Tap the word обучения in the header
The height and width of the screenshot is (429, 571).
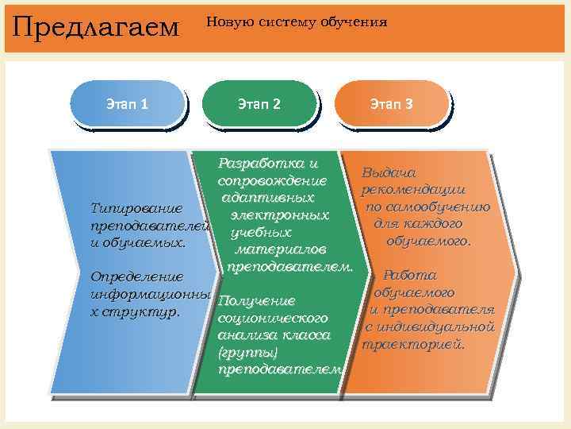[x=354, y=22]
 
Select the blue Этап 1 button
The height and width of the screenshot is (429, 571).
[x=127, y=104]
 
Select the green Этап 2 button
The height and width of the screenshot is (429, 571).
[x=259, y=104]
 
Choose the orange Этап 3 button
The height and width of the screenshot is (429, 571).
[x=391, y=104]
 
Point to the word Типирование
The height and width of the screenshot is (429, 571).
[x=137, y=209]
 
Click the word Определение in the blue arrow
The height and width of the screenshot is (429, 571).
[x=137, y=277]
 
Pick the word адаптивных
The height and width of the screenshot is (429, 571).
[x=268, y=198]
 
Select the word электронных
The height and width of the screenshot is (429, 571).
[x=279, y=215]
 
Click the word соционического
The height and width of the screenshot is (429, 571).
[x=272, y=319]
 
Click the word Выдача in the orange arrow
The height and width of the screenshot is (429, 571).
[x=389, y=172]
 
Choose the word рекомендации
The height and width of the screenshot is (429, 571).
[x=413, y=190]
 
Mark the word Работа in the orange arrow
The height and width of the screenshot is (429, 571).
[x=410, y=276]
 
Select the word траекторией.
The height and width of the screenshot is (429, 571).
[x=413, y=345]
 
